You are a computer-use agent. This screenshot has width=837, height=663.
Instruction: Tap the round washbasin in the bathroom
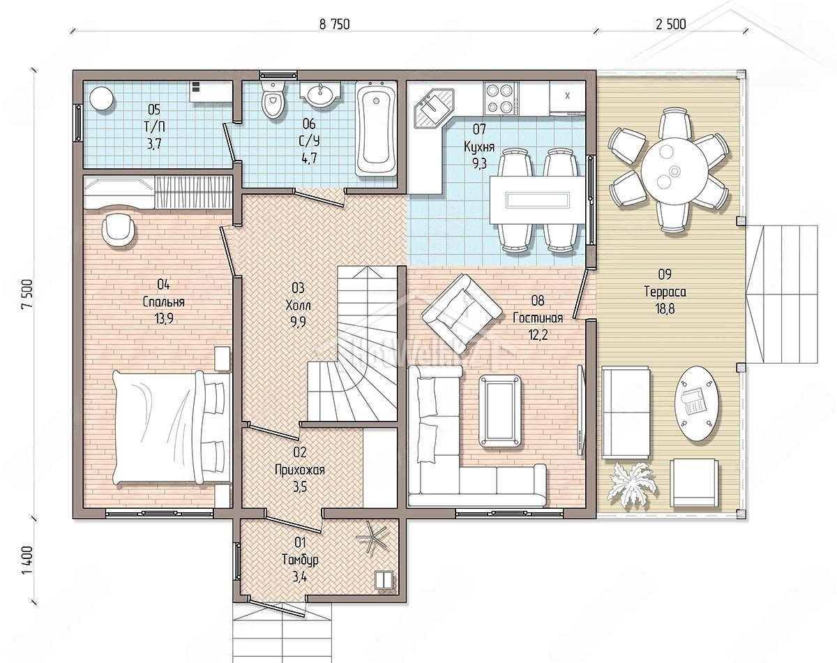coord(320,94)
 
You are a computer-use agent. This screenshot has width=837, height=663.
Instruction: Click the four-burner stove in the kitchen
coord(501,98)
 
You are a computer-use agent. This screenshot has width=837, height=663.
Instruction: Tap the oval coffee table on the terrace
coord(697,403)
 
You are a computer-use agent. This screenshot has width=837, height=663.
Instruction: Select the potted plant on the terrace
coord(633,485)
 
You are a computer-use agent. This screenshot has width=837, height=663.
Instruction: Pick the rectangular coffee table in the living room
coord(500,411)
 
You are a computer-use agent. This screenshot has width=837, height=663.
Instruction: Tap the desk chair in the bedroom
coord(119,230)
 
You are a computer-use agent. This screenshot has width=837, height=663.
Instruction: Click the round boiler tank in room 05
coord(102,98)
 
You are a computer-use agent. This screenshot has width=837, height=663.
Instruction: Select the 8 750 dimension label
coord(335,24)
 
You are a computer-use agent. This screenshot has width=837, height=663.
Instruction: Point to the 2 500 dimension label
coord(670,24)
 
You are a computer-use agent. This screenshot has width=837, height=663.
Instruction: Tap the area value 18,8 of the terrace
coord(665,308)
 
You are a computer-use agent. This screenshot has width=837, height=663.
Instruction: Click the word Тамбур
coord(300,560)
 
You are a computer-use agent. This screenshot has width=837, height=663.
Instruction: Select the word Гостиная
coord(538,318)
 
